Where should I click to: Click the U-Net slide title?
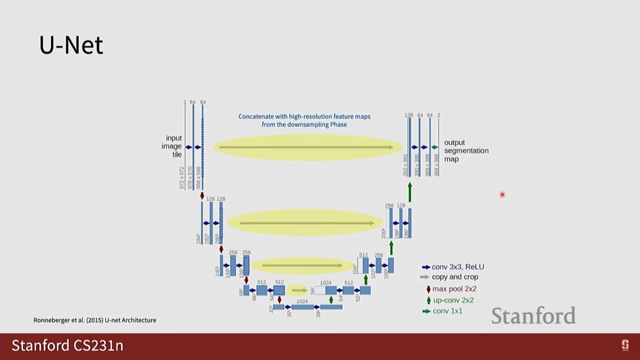pos(71,45)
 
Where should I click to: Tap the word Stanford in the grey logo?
pos(533,316)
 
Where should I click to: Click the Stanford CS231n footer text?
pos(67,345)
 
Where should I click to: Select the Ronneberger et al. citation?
pos(95,320)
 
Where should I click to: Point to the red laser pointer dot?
pos(502,195)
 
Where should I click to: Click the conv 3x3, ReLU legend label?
pos(458,267)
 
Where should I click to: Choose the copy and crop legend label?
pos(455,277)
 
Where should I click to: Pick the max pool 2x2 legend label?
pos(454,289)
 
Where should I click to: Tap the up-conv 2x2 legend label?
pos(453,300)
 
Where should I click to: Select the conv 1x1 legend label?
pos(447,311)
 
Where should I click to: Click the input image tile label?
pos(172,146)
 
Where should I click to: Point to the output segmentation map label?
pos(466,151)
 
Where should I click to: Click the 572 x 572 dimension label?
pos(182,178)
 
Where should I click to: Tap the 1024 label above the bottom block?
pos(302,301)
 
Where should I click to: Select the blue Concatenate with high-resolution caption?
pos(304,120)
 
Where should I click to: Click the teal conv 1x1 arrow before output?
pos(435,147)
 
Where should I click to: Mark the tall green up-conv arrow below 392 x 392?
pos(410,192)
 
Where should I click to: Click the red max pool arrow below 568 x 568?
pos(202,196)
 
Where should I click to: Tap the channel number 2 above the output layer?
pos(439,115)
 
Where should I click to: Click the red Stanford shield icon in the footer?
pos(625,345)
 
